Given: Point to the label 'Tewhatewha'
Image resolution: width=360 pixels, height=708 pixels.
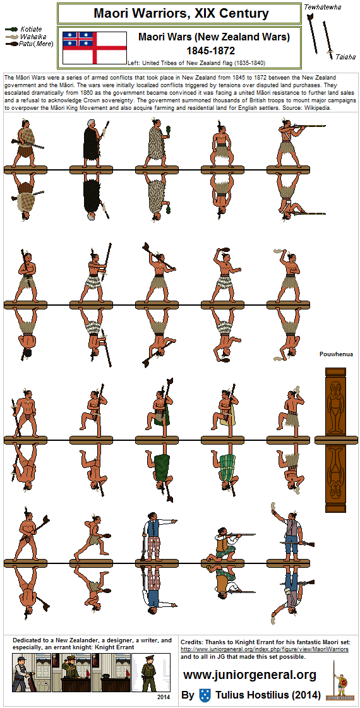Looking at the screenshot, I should coord(323,7).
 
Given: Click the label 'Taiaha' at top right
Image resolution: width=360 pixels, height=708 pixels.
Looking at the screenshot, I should coord(346,56).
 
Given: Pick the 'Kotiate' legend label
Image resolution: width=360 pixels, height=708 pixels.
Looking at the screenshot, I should coord(32,29).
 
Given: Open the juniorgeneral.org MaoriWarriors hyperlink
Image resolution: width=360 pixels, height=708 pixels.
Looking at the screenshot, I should coord(265,649).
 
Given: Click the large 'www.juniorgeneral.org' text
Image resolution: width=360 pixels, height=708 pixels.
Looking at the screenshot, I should coord(249,675).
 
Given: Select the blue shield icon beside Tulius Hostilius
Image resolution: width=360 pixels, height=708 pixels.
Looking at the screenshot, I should coord(205,695).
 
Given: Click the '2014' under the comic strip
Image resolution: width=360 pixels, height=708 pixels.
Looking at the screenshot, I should coord(163,697).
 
